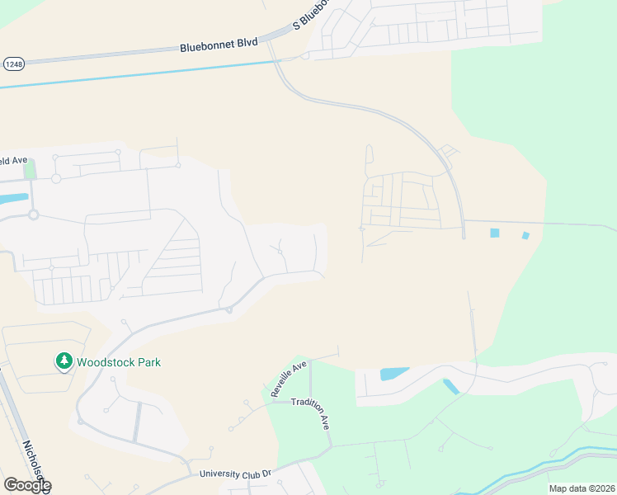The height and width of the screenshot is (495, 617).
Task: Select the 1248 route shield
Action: point(13,64)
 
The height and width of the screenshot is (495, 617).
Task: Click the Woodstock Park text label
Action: point(119,362)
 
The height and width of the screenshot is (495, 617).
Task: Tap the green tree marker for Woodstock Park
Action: point(64,361)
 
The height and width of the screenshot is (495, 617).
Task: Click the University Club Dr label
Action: point(235,474)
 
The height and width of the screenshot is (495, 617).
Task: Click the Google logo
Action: point(26,485)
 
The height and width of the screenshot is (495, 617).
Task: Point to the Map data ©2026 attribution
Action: point(581,488)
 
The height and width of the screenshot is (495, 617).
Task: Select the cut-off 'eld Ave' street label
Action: point(14,160)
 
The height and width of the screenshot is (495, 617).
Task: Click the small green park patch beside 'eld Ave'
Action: point(31,169)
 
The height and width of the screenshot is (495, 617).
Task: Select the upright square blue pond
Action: point(494,233)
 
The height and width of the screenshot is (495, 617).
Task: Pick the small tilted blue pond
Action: point(525,236)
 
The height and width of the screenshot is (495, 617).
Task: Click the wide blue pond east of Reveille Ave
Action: point(395,374)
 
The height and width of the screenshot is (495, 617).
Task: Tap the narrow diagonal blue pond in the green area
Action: point(451,386)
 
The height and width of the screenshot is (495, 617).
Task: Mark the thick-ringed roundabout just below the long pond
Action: point(34,214)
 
